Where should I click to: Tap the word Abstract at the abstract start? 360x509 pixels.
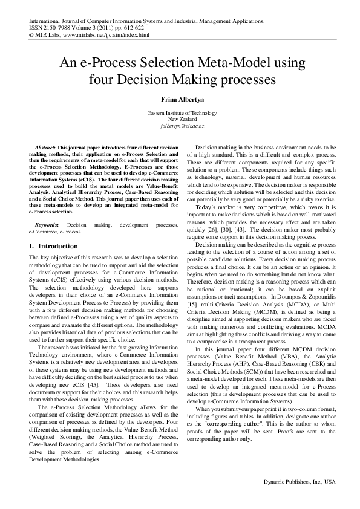click(x=44, y=148)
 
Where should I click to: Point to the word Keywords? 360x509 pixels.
click(x=47, y=224)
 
